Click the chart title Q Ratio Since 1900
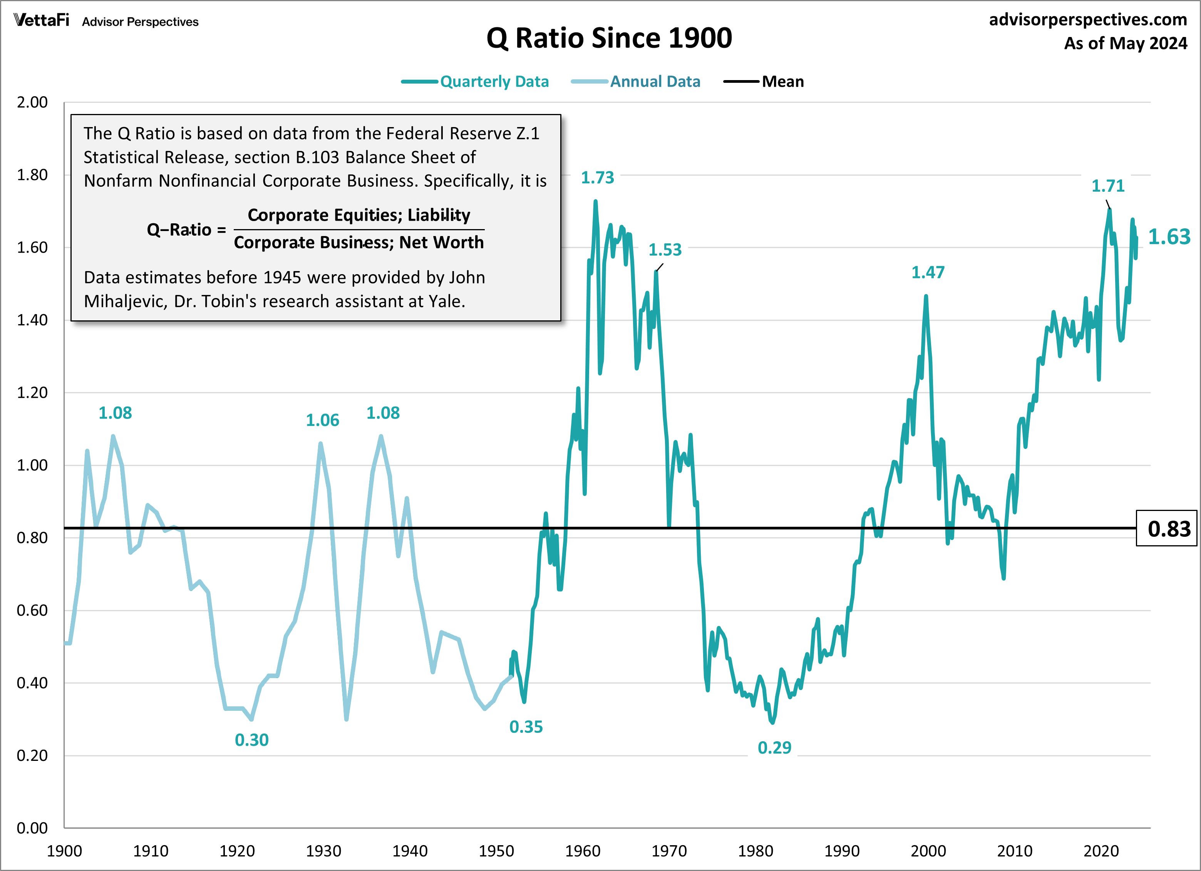tap(609, 38)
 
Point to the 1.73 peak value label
tap(597, 178)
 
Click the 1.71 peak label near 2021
tap(1108, 186)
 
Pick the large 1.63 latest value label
tap(1169, 237)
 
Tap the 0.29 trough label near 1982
tap(774, 748)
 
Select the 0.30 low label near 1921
tap(251, 740)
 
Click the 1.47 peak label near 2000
tap(928, 272)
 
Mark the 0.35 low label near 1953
tap(526, 727)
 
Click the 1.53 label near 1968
tap(665, 250)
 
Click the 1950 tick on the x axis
tap(496, 851)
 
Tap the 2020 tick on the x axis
tap(1101, 851)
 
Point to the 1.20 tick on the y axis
tap(32, 392)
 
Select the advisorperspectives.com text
tap(1088, 20)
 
